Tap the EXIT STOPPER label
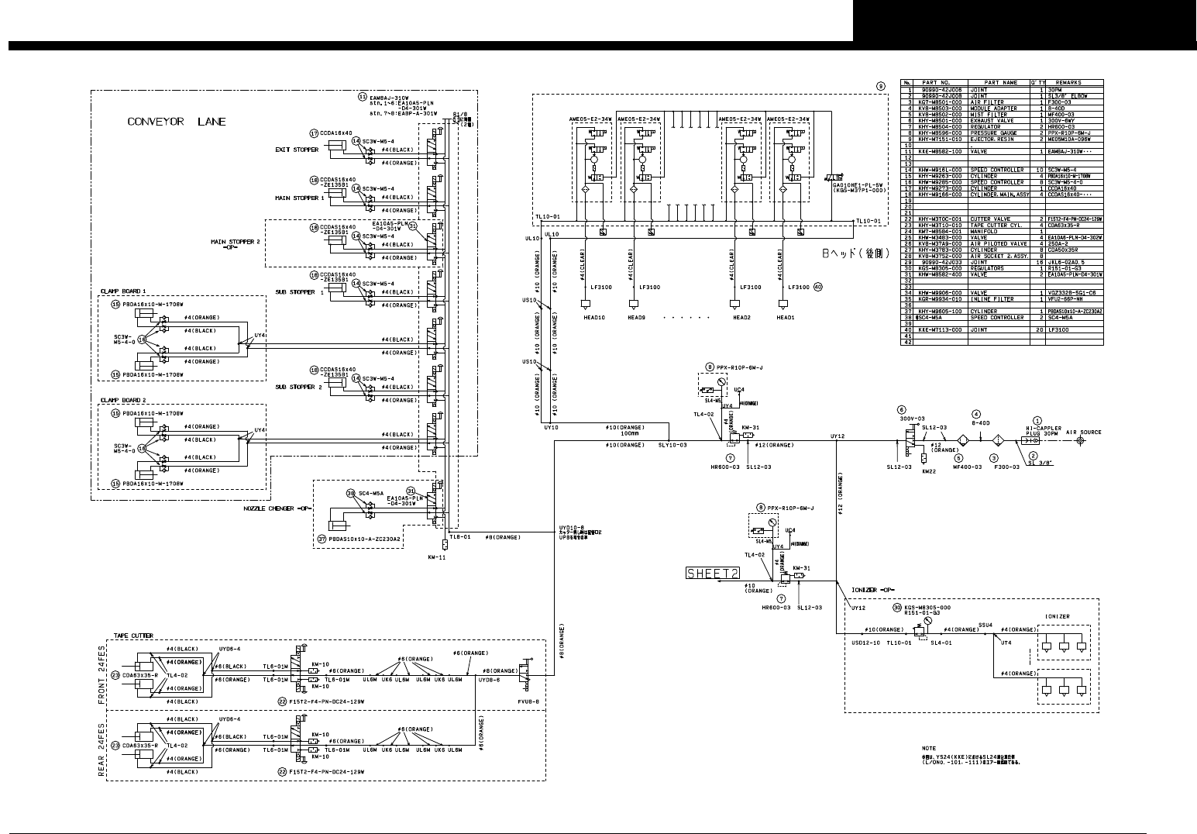pyautogui.click(x=297, y=150)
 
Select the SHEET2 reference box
pyautogui.click(x=712, y=573)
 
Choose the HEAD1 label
pyautogui.click(x=786, y=318)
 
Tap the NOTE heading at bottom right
pyautogui.click(x=928, y=749)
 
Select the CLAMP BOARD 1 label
pyautogui.click(x=122, y=291)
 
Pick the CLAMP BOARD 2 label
pyautogui.click(x=122, y=400)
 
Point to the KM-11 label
pyautogui.click(x=436, y=557)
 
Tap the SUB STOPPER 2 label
pyautogui.click(x=299, y=387)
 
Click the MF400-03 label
pyautogui.click(x=968, y=467)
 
